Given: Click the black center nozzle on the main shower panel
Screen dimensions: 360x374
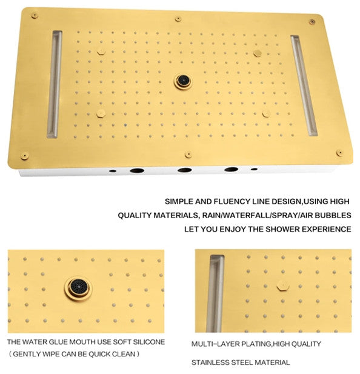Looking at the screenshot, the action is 183,82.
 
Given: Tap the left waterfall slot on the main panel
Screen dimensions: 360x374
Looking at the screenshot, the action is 55,84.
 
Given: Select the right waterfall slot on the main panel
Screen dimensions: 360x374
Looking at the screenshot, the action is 304,86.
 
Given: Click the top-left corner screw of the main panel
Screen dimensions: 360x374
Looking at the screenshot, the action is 35,16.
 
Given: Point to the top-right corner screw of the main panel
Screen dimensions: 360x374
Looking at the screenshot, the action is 312,22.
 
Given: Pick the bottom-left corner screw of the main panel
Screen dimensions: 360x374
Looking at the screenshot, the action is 25,156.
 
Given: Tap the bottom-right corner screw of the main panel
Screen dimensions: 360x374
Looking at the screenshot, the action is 340,153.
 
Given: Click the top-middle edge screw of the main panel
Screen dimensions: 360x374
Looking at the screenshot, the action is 178,19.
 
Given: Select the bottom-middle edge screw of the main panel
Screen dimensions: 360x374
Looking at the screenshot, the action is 188,155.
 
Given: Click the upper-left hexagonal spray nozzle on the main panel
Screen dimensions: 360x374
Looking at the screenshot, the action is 101,52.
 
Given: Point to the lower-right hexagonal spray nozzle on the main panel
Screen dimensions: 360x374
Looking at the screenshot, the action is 266,114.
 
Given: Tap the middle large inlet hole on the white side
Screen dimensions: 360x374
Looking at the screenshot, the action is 185,170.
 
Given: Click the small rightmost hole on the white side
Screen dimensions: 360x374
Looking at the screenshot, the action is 255,169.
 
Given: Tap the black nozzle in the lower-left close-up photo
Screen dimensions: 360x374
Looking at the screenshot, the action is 78,288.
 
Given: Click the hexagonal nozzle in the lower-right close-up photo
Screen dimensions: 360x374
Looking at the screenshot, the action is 283,286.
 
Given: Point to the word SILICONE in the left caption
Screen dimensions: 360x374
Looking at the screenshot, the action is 148,342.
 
